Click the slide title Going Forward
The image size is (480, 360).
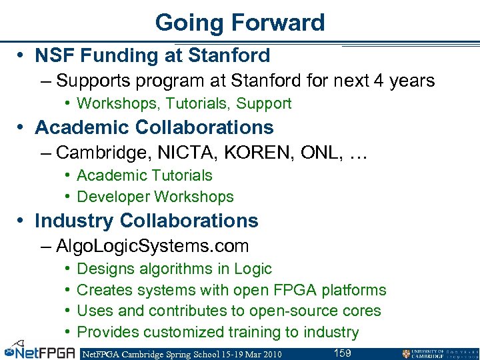240,23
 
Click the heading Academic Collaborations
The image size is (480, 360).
154,127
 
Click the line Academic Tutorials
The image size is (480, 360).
145,175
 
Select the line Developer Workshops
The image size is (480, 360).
155,197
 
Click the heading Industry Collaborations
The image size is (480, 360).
146,221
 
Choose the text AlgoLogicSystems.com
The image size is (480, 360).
153,246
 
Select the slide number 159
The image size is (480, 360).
342,353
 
